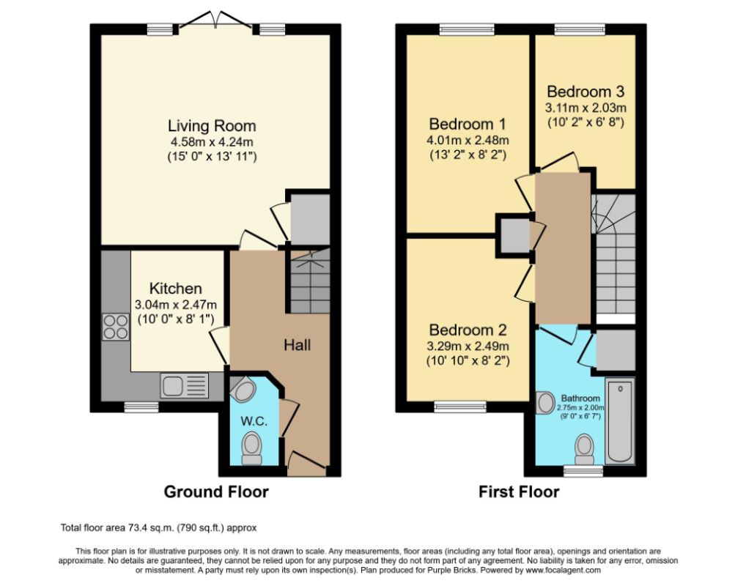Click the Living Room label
[x=213, y=126]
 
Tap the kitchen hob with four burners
[x=116, y=327]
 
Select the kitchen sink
[x=185, y=385]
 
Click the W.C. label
[x=254, y=421]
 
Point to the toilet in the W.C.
[x=251, y=448]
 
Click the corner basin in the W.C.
[x=243, y=390]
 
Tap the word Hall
[x=298, y=345]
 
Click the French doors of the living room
[x=216, y=23]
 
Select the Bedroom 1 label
[x=468, y=124]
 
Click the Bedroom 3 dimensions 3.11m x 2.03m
[x=586, y=108]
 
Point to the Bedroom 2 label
[x=468, y=330]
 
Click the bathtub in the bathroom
[x=620, y=420]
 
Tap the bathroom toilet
[x=584, y=450]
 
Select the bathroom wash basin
[x=546, y=403]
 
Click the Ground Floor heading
[x=216, y=492]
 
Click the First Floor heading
[x=519, y=492]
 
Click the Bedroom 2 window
[x=460, y=407]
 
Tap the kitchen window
[x=141, y=407]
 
